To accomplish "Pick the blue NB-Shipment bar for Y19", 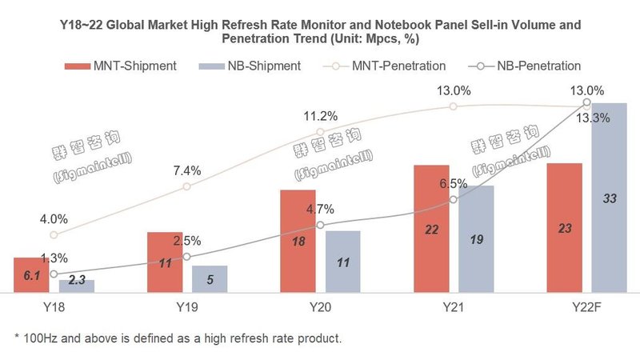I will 210,278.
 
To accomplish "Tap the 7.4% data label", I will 187,170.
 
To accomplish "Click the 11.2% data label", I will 320,116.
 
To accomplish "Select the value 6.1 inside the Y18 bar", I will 31,275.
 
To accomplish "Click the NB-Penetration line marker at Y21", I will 454,199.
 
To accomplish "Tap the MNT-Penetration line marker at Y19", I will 186,186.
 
